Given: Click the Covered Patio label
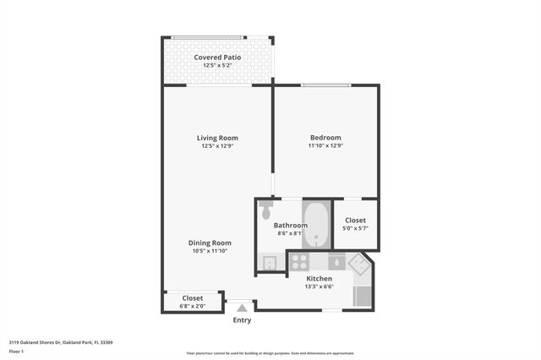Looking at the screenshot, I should [x=217, y=57].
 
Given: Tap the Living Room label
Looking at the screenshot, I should [x=217, y=138].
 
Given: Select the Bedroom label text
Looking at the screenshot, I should [x=325, y=138].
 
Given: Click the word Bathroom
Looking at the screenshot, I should [x=290, y=226].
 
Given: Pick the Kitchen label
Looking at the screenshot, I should [x=319, y=278].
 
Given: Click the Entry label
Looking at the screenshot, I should [x=242, y=320].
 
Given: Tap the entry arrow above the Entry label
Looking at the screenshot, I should [x=242, y=308].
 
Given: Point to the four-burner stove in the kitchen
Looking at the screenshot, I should [x=300, y=262].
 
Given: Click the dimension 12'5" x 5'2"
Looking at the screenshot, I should [x=217, y=65].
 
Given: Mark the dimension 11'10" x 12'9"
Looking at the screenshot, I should [x=325, y=145].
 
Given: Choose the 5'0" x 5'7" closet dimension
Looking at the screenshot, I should [x=356, y=228].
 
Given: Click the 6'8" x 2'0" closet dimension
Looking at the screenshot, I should [x=193, y=305].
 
